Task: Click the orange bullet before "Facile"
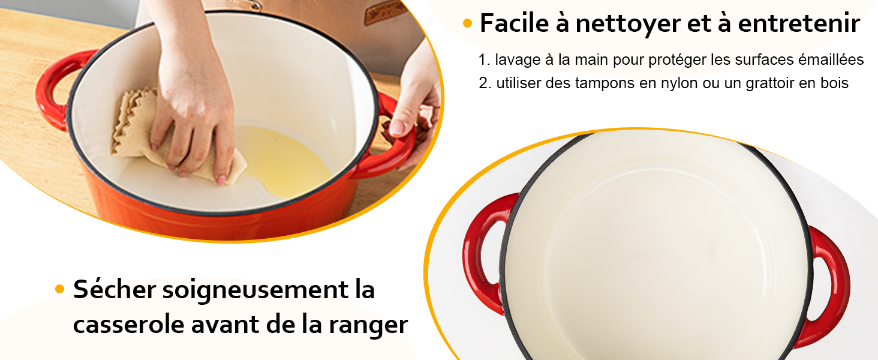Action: click(468, 24)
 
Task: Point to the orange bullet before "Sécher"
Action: click(59, 289)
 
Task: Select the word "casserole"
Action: click(128, 325)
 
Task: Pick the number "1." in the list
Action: click(485, 60)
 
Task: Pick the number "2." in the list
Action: click(485, 83)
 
